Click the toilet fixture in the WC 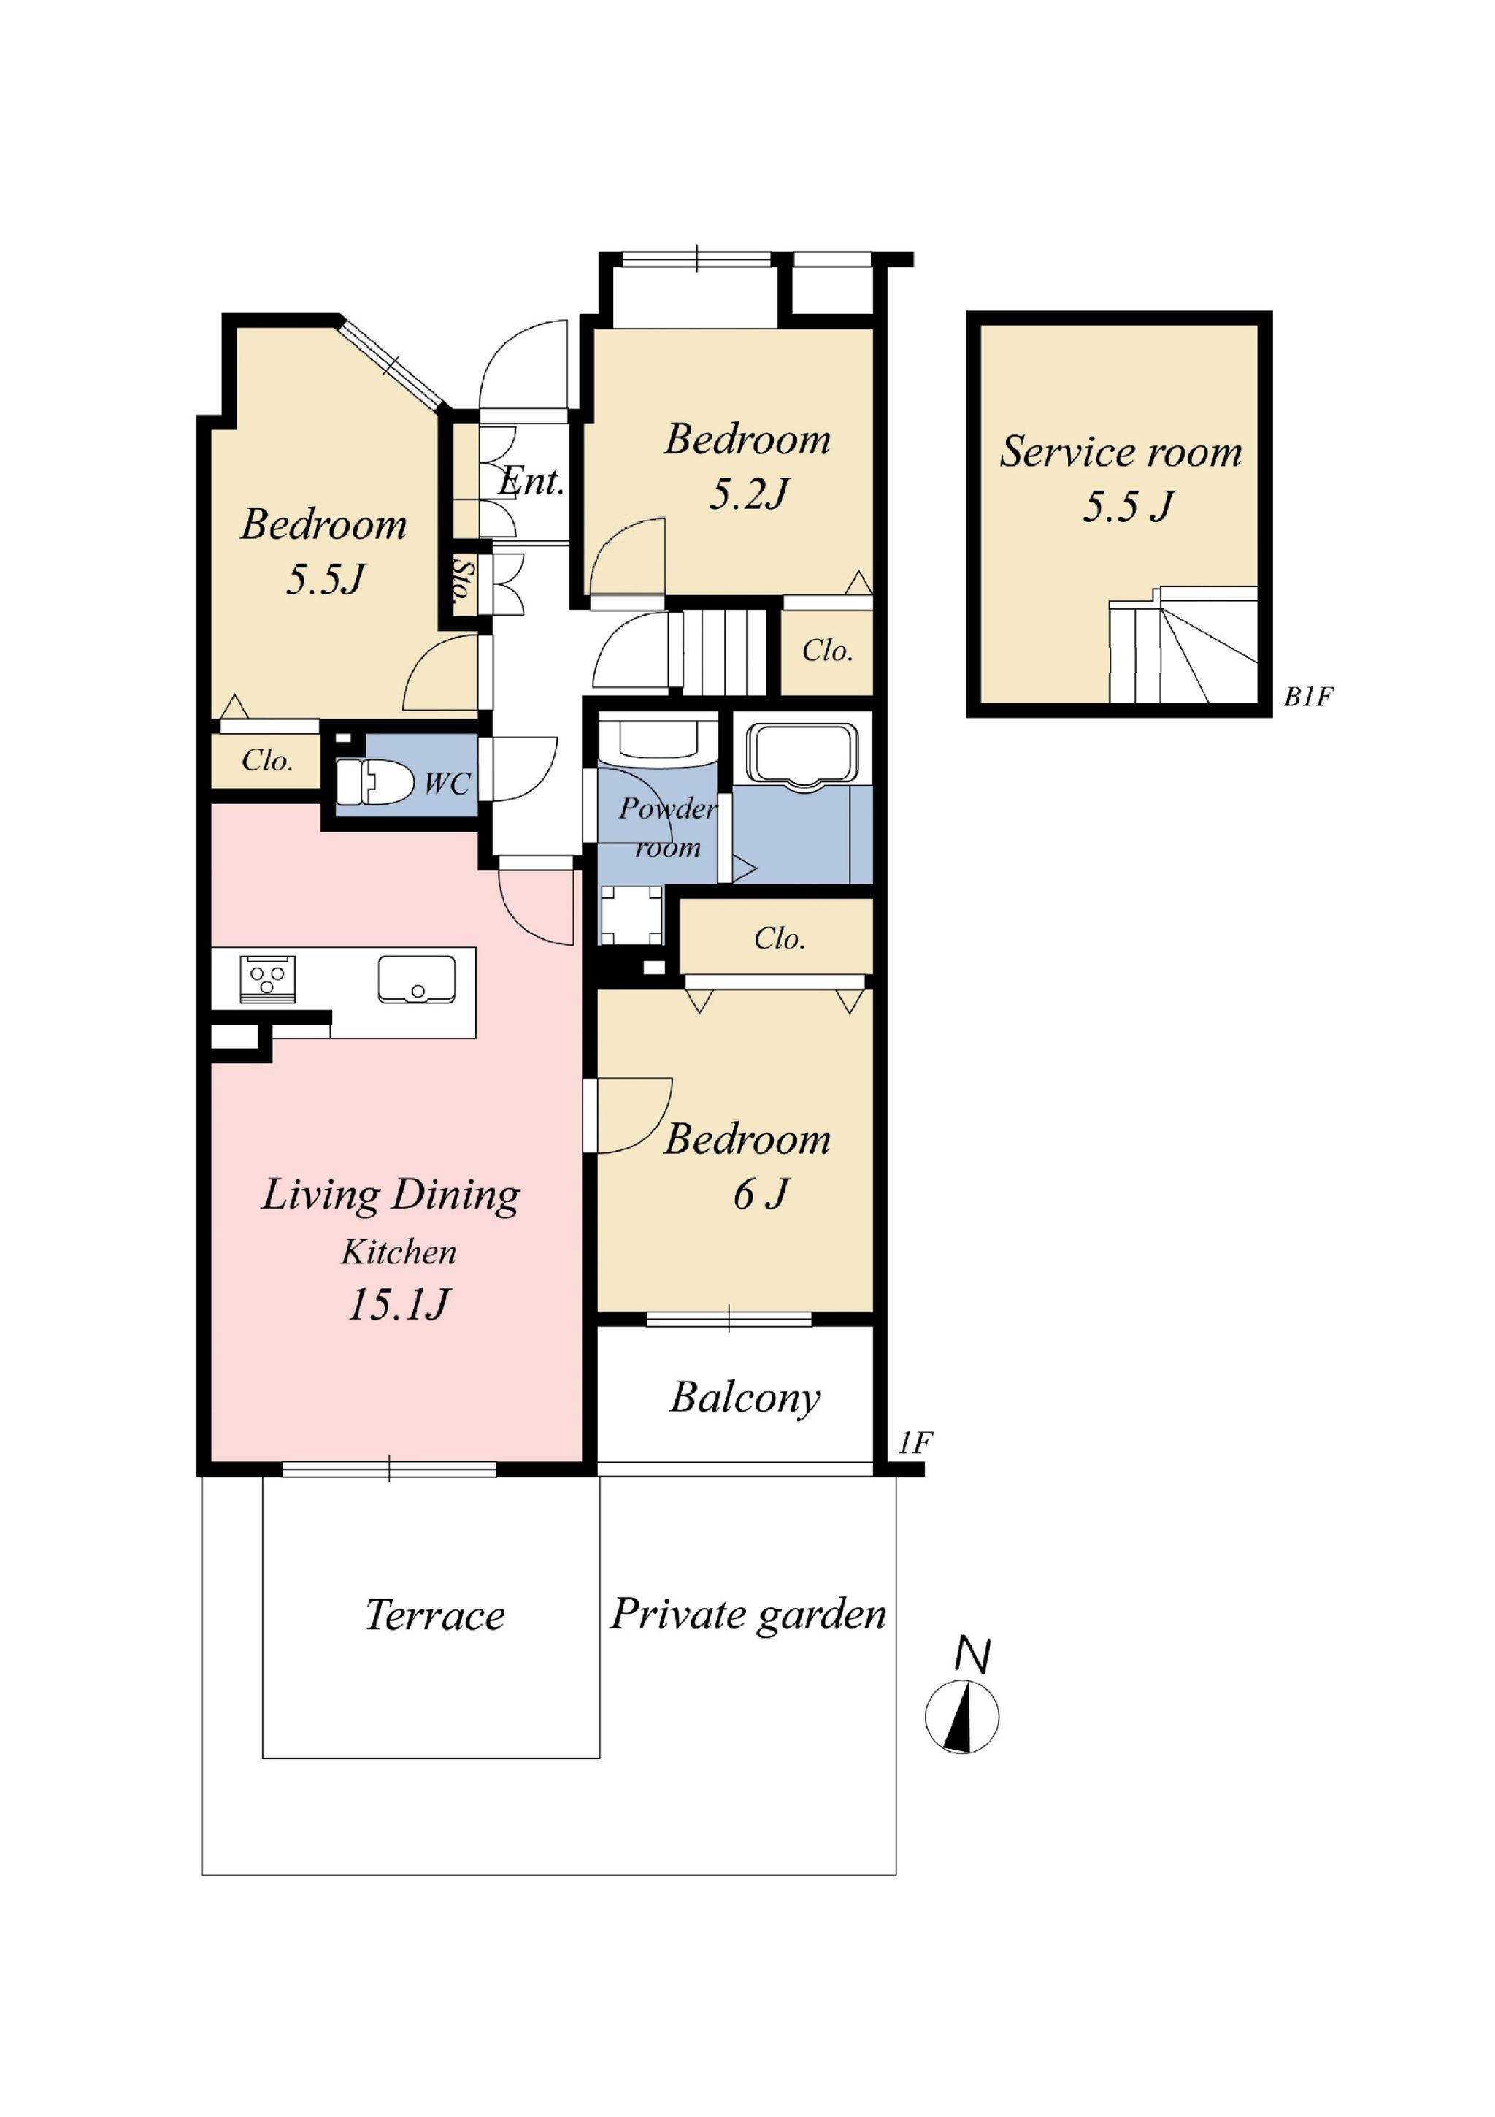[373, 782]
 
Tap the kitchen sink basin [417, 979]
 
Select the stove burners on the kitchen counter [267, 979]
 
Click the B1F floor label [1308, 697]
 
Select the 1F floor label [915, 1442]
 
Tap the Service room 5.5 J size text [1128, 507]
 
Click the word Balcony [745, 1398]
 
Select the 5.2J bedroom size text [748, 495]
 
